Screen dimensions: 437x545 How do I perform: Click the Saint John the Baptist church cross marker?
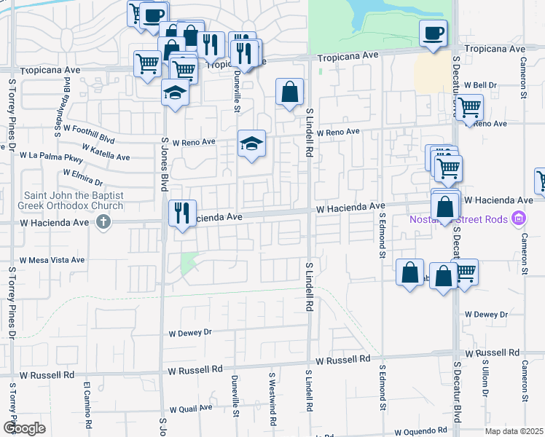103,223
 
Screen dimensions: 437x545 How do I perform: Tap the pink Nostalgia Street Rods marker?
518,217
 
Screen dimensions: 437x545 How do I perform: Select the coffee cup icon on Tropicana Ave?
432,33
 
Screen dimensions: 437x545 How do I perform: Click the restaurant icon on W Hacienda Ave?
180,213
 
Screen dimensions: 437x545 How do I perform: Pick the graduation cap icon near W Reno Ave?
251,143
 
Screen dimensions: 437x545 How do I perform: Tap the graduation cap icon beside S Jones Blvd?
175,92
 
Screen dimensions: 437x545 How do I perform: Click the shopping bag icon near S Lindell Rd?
289,92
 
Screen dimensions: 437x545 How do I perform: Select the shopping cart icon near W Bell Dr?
469,107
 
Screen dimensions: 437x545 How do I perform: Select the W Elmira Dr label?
83,178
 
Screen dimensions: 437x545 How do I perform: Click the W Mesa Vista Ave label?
52,259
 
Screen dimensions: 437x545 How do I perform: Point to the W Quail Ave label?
191,409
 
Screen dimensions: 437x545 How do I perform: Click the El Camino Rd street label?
87,405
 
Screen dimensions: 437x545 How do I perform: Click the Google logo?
25,428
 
